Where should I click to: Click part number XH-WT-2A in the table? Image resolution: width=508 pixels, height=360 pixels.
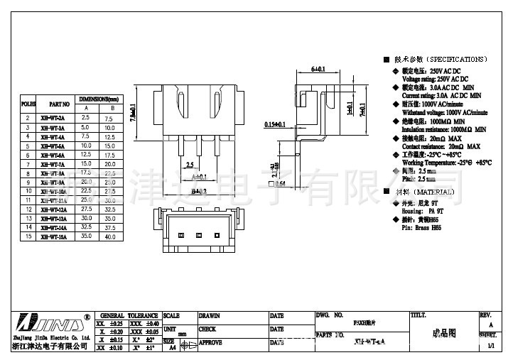tap(53, 118)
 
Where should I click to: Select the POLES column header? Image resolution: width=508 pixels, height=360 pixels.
tap(28, 103)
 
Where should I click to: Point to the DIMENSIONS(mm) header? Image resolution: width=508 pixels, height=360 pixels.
tap(97, 98)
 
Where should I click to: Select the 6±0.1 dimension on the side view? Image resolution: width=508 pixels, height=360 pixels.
tap(318, 70)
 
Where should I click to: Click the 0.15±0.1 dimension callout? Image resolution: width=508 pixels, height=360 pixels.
tap(274, 124)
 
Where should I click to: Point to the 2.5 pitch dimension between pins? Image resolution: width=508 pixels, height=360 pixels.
tap(190, 165)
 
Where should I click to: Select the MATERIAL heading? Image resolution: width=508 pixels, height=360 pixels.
tap(427, 192)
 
